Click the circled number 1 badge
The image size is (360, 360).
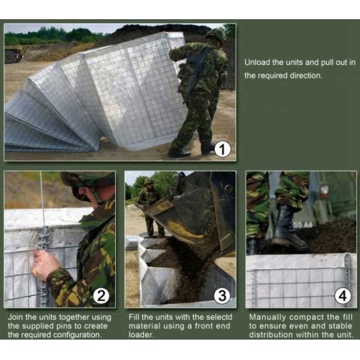pos(221,148)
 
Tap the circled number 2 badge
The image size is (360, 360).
pos(101,295)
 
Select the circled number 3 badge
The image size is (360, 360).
pos(222,295)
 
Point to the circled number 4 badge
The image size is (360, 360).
pos(343,295)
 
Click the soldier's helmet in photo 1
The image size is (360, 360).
pos(214,35)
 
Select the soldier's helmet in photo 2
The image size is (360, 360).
pos(87,179)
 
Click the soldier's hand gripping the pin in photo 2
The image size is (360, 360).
pos(45,265)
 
